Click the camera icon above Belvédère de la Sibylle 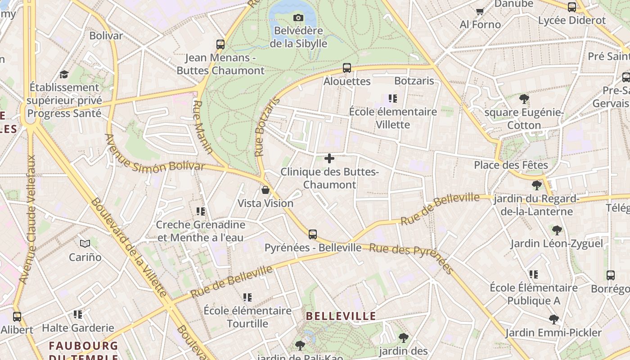pyautogui.click(x=298, y=18)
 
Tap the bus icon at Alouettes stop pyautogui.click(x=347, y=68)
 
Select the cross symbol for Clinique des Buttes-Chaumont pyautogui.click(x=329, y=158)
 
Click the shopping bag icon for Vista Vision pyautogui.click(x=265, y=190)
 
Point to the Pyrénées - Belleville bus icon pyautogui.click(x=313, y=234)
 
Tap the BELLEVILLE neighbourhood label pyautogui.click(x=341, y=316)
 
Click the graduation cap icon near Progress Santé pyautogui.click(x=64, y=74)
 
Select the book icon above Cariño pyautogui.click(x=85, y=244)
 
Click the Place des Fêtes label pyautogui.click(x=511, y=165)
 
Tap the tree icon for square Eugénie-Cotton pyautogui.click(x=524, y=99)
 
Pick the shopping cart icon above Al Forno pyautogui.click(x=480, y=11)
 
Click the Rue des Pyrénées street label pyautogui.click(x=411, y=258)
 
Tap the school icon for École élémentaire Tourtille pyautogui.click(x=247, y=297)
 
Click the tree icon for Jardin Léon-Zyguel pyautogui.click(x=557, y=230)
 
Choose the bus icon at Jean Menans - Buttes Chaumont pyautogui.click(x=220, y=44)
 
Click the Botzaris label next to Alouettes pyautogui.click(x=414, y=81)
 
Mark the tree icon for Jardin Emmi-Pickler pyautogui.click(x=554, y=319)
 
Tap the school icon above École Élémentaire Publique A pyautogui.click(x=534, y=274)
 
